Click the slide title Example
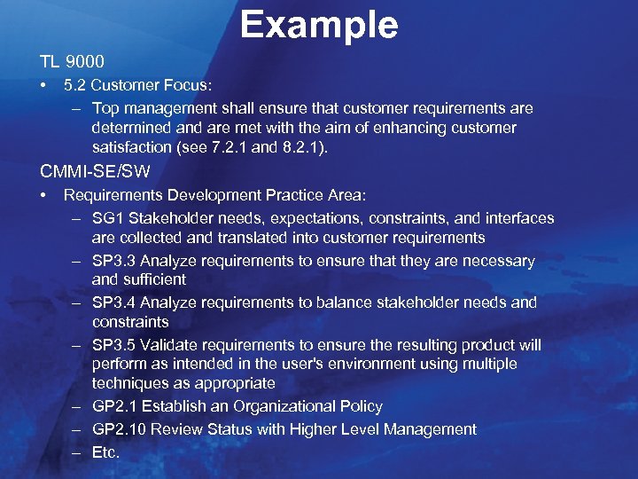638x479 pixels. pyautogui.click(x=318, y=25)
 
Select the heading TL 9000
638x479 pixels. pyautogui.click(x=72, y=62)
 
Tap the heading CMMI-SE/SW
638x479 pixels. pyautogui.click(x=95, y=170)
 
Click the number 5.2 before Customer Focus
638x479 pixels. pyautogui.click(x=75, y=86)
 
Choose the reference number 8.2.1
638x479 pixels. pyautogui.click(x=304, y=147)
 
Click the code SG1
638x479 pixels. pyautogui.click(x=107, y=218)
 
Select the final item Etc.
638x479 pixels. pyautogui.click(x=105, y=452)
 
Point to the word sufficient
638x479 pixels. pyautogui.click(x=154, y=279)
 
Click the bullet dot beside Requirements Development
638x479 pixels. pyautogui.click(x=43, y=194)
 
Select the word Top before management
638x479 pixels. pyautogui.click(x=105, y=108)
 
